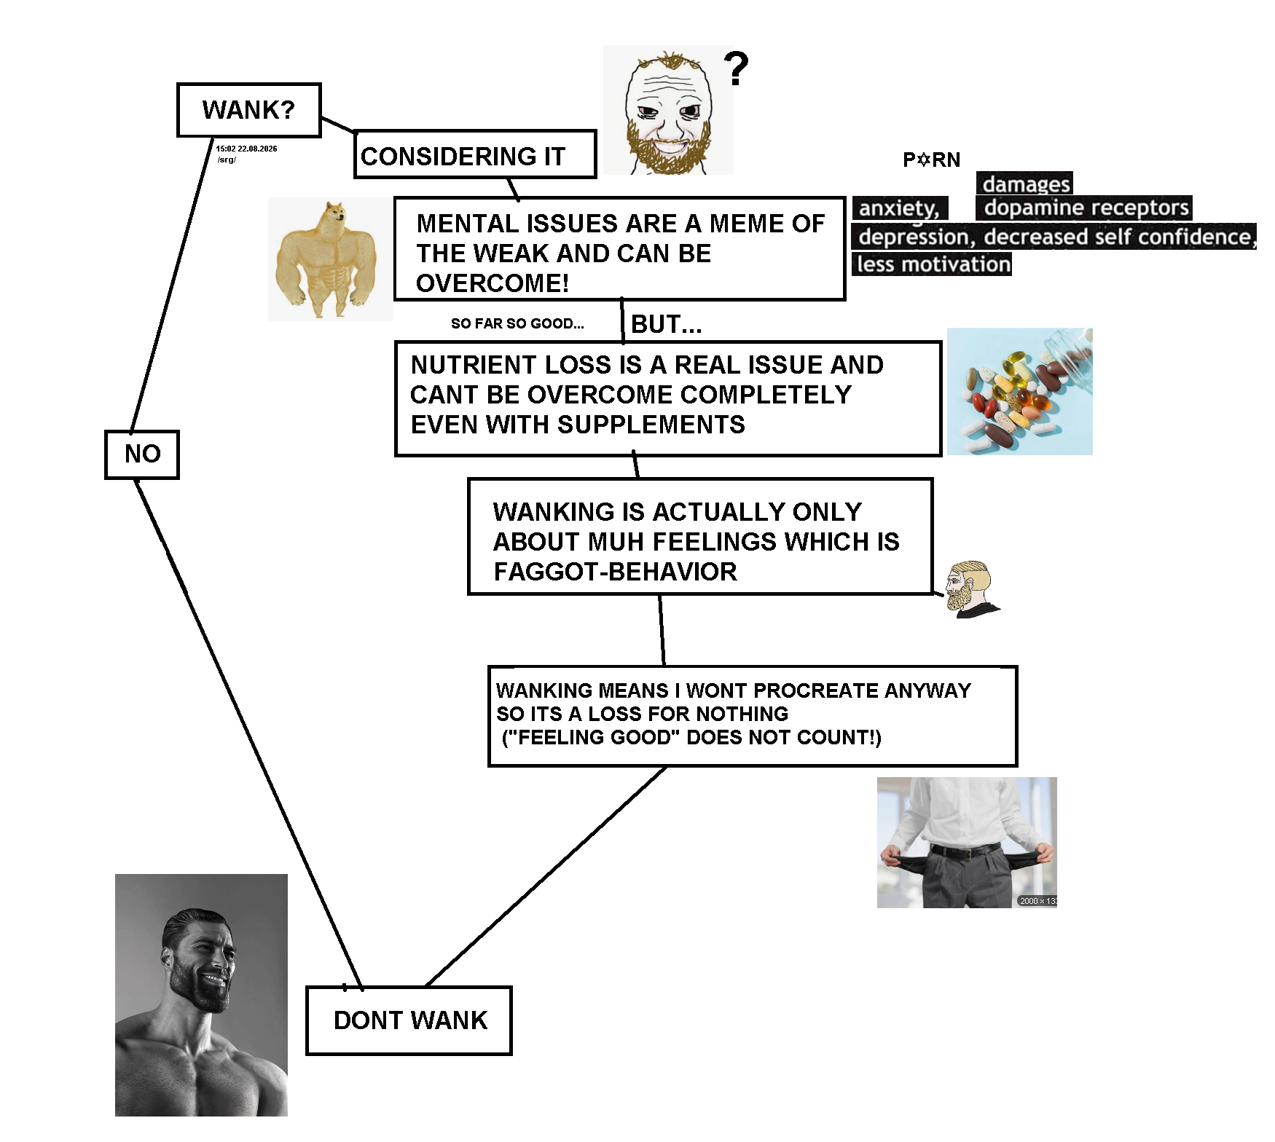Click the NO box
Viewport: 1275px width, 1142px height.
coord(142,454)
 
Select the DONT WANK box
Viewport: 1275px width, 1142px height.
coord(409,1020)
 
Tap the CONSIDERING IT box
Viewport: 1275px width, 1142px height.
coord(475,154)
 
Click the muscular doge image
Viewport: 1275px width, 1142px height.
coord(330,259)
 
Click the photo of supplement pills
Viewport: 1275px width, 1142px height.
coord(1019,391)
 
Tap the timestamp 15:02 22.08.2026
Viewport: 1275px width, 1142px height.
coord(246,149)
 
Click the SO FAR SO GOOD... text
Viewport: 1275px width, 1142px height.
coord(517,323)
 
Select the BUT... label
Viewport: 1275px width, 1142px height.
coord(667,324)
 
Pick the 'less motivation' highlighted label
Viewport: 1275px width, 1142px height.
coord(933,264)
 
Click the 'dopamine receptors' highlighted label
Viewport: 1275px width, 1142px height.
coord(1084,208)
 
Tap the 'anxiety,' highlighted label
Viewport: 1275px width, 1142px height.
coord(901,208)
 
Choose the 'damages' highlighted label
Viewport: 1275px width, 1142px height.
coord(1025,184)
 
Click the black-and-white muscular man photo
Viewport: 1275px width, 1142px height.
coord(201,995)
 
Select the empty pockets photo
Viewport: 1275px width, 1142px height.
coord(967,843)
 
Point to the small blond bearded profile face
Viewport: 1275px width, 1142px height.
coord(971,589)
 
